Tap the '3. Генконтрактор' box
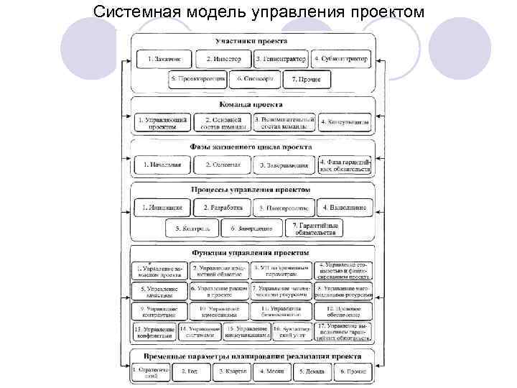pos(281,58)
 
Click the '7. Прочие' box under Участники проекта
pos(307,79)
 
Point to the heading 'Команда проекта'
pos(251,105)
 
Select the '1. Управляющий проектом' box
pos(162,123)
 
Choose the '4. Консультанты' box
pos(345,123)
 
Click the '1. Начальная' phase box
pos(162,165)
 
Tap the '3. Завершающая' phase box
pos(284,165)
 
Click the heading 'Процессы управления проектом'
pos(251,190)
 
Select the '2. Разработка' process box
pos(223,208)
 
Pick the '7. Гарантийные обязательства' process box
pos(315,228)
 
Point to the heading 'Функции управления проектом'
pos(251,253)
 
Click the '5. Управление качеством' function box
pos(159,291)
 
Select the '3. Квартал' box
pos(235,371)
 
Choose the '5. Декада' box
pos(314,371)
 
